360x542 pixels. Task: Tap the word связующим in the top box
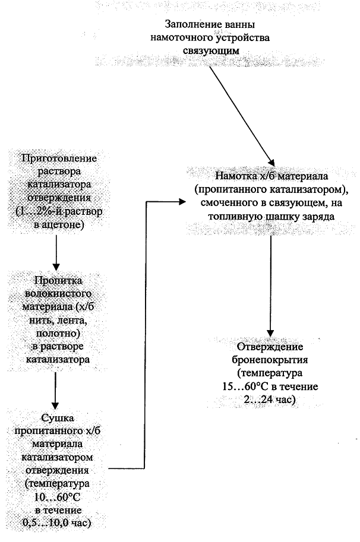click(211, 51)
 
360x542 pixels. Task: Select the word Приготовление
click(59, 159)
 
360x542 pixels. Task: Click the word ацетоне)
click(63, 225)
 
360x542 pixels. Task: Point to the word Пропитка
click(58, 280)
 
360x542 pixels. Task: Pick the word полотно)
click(58, 333)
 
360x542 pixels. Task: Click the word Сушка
click(58, 418)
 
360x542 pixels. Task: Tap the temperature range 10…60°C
click(58, 497)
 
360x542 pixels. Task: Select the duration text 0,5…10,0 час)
click(57, 523)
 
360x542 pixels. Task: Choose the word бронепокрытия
click(270, 360)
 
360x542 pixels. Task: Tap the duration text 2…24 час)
click(270, 400)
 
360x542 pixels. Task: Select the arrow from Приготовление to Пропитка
click(56, 252)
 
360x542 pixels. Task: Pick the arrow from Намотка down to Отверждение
click(270, 286)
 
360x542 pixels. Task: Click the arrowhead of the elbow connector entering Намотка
click(182, 202)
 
